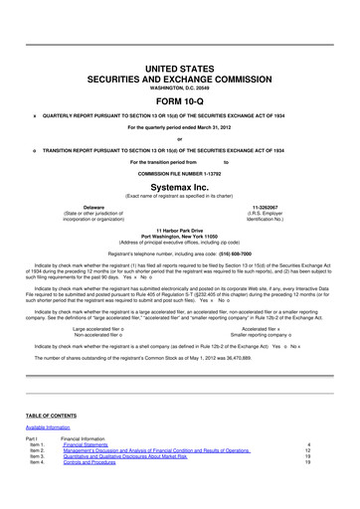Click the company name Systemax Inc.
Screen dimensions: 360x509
coord(180,186)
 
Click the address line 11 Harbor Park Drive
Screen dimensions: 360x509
coord(180,231)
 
